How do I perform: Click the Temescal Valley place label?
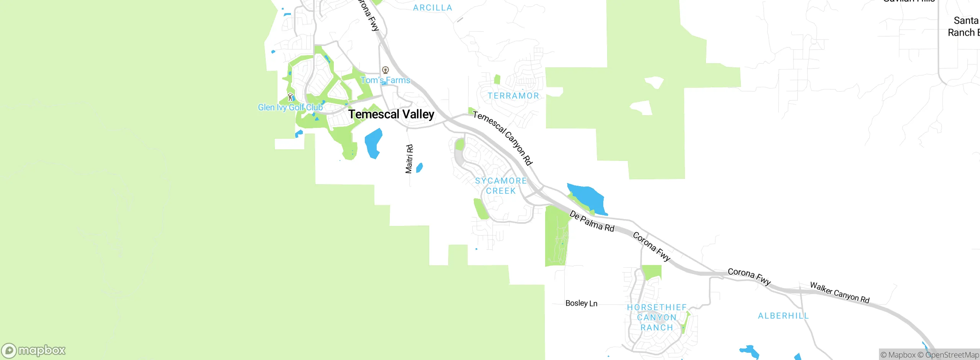391,114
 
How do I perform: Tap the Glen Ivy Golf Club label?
290,108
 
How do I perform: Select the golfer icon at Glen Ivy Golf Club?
291,97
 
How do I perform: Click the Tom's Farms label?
385,80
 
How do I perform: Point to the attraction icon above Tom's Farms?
385,70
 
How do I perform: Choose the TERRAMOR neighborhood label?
513,96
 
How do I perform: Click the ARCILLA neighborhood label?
433,8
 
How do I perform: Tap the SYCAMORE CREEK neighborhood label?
501,186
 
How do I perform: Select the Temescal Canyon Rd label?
503,138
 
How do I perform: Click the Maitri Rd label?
409,159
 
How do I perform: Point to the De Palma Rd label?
591,221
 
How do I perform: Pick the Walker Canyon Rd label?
840,293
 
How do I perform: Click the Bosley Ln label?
581,303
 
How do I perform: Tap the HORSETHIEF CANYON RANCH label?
657,317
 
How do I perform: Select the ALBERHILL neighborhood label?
783,316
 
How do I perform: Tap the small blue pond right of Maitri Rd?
420,168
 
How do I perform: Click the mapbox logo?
34,350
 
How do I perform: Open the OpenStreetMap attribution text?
952,355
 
